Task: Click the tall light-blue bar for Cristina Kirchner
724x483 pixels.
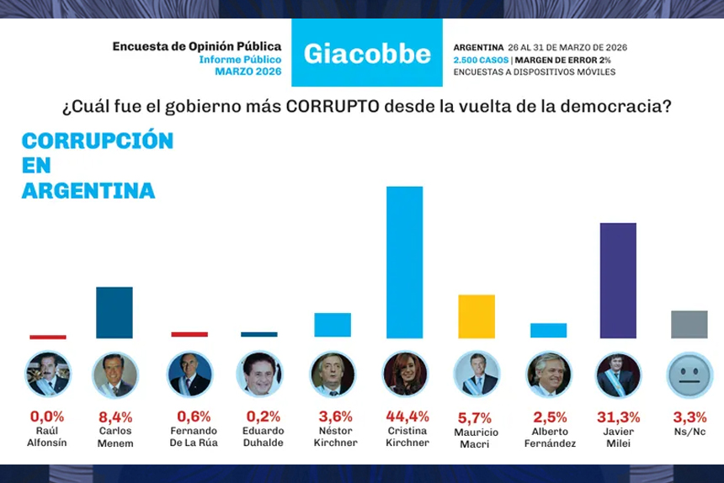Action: pos(404,262)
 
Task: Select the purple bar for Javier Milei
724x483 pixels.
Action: pos(617,280)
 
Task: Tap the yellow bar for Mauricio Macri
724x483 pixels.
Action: pos(476,316)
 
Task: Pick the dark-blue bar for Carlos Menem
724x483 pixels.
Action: pos(114,312)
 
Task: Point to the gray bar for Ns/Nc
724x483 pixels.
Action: pos(689,324)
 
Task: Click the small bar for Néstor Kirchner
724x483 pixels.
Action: pos(333,325)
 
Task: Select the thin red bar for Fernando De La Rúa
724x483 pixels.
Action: pos(189,334)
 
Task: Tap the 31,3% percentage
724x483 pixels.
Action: pos(619,417)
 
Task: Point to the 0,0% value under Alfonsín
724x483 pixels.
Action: pos(47,416)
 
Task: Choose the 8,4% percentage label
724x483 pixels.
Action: pos(115,417)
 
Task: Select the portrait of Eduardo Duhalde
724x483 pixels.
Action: pos(259,374)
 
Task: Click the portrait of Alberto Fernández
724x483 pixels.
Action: pos(549,374)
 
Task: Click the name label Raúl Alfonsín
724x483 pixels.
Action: pos(47,436)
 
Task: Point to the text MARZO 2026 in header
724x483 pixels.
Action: pos(248,72)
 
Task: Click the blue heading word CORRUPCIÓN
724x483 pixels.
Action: pos(98,141)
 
